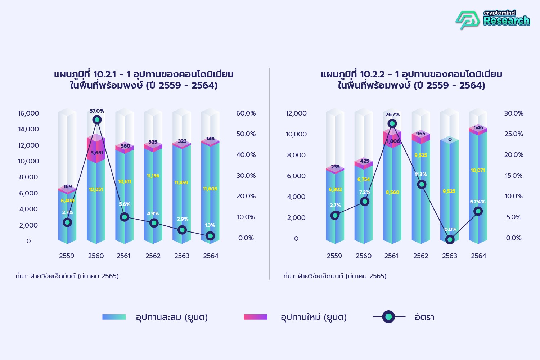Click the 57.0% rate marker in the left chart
pyautogui.click(x=97, y=120)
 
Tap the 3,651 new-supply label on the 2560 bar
pyautogui.click(x=97, y=153)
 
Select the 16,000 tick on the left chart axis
pyautogui.click(x=29, y=113)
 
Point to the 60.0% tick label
pyautogui.click(x=246, y=113)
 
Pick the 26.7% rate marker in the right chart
pyautogui.click(x=392, y=123)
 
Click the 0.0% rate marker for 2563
pyautogui.click(x=450, y=239)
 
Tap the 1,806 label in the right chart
pyautogui.click(x=393, y=141)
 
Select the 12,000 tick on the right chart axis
pyautogui.click(x=296, y=113)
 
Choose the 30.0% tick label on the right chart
pyautogui.click(x=514, y=113)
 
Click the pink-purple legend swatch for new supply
pyautogui.click(x=255, y=317)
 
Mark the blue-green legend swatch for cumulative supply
pyautogui.click(x=114, y=317)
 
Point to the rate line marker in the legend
pyautogui.click(x=388, y=317)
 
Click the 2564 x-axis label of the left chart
pyautogui.click(x=211, y=256)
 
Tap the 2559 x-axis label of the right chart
pyautogui.click(x=334, y=256)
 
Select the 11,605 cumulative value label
pyautogui.click(x=210, y=189)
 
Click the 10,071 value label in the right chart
pyautogui.click(x=478, y=170)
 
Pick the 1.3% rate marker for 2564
pyautogui.click(x=210, y=236)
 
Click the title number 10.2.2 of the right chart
pyautogui.click(x=372, y=75)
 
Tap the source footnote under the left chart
pyautogui.click(x=67, y=276)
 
